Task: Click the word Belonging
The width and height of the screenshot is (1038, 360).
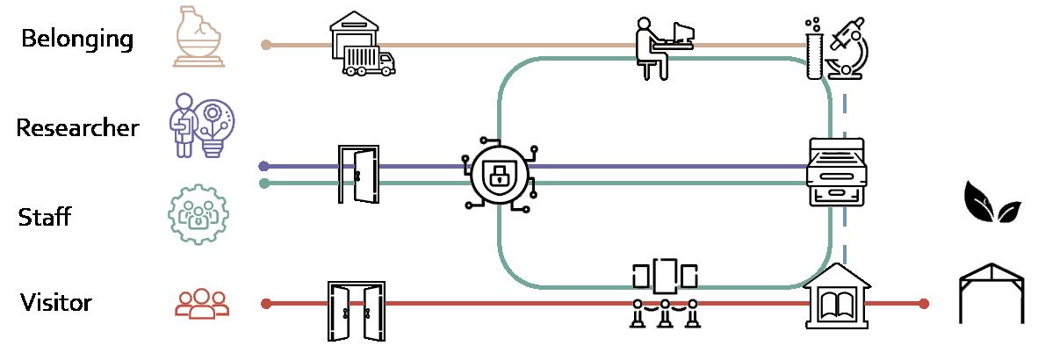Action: click(77, 40)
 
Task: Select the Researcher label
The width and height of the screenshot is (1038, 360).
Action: click(77, 128)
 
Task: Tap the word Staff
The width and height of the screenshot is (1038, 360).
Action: click(44, 217)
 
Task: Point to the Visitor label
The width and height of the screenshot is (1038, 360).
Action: click(56, 304)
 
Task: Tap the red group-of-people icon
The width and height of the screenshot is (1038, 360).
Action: click(202, 304)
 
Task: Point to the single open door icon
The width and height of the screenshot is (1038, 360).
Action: click(357, 175)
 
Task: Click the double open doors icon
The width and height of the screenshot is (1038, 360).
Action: click(357, 311)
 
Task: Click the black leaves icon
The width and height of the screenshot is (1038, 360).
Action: click(992, 204)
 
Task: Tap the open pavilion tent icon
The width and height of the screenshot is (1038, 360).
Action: click(991, 294)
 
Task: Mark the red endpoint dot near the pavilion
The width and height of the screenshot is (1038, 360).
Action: click(923, 304)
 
